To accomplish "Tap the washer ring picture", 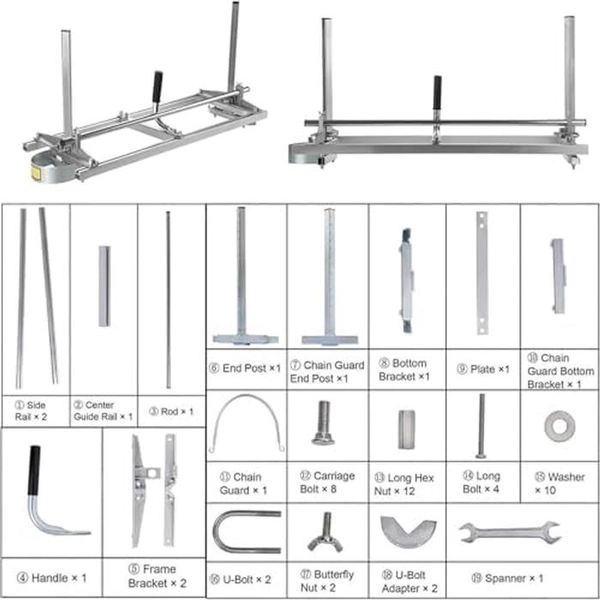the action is [x=559, y=426].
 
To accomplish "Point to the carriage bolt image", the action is [x=323, y=423].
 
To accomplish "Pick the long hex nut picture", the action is [x=406, y=429].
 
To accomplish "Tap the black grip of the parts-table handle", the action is [x=34, y=470].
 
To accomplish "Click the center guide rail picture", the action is [x=104, y=286].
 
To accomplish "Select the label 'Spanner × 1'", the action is [x=507, y=578].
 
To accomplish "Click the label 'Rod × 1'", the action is [x=171, y=411].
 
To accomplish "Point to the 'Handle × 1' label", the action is [x=51, y=578].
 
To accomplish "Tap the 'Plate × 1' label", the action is [x=483, y=369].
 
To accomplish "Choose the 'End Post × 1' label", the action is [x=245, y=368].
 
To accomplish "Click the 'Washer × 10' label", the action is [x=559, y=483].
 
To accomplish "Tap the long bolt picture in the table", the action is [x=481, y=426].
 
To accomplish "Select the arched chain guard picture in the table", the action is [x=246, y=423].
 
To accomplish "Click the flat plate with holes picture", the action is [x=482, y=273].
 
